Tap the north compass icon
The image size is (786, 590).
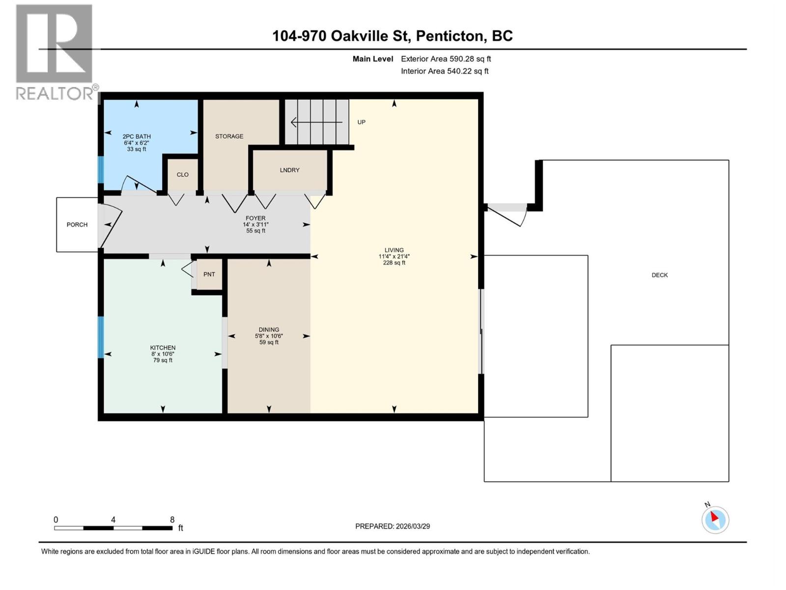point(715,520)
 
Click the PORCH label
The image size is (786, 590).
point(77,225)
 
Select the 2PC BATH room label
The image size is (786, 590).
point(137,137)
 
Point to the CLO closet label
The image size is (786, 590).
point(183,175)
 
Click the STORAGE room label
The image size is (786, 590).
point(229,136)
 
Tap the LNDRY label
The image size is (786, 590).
point(289,170)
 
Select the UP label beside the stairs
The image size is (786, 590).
point(362,122)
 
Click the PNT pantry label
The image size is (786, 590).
point(209,274)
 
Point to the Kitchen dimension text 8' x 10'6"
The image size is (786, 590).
point(163,354)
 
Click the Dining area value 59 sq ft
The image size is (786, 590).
point(269,343)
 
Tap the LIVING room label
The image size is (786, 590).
point(394,250)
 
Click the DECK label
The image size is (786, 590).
point(659,275)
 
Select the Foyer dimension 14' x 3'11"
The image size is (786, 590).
point(255,225)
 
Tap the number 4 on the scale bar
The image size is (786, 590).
point(113,520)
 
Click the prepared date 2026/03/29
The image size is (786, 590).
point(412,526)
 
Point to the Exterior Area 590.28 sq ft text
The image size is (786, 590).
point(446,59)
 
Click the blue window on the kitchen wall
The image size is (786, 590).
point(101,337)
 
